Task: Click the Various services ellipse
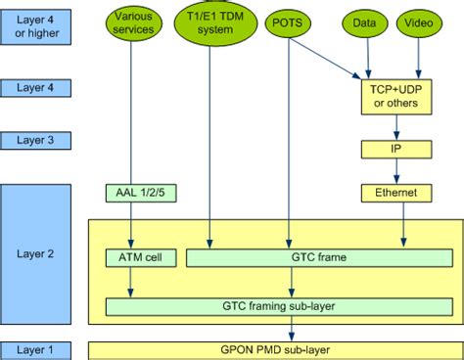(x=133, y=22)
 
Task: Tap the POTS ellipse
(x=288, y=22)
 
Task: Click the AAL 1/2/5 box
(x=133, y=193)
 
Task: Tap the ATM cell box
(x=133, y=258)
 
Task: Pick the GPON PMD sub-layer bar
(x=272, y=349)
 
